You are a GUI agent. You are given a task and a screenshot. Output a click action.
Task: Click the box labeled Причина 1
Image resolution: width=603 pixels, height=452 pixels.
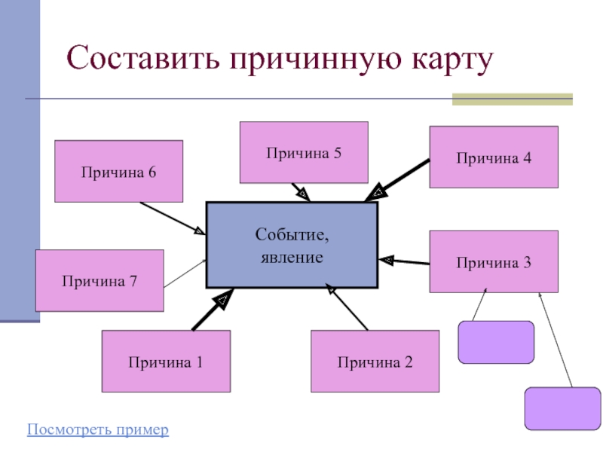coord(166,362)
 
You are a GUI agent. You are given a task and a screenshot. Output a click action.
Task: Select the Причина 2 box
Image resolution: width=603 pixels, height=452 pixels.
coord(375,362)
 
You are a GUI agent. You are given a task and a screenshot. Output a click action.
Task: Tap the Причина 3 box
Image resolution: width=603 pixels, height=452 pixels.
coord(494,262)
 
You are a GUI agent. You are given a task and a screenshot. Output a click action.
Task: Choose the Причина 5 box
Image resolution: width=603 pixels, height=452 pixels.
coord(304,153)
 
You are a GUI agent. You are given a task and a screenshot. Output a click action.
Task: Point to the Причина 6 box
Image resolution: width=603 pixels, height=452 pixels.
coord(119,171)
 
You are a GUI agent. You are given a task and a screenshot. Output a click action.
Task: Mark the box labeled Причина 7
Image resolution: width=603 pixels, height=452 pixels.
coord(99,280)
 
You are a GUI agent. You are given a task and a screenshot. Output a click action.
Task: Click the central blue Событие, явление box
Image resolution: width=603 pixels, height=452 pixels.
coord(292,245)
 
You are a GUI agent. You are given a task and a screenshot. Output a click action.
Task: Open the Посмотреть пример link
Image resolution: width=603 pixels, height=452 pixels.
coord(98,430)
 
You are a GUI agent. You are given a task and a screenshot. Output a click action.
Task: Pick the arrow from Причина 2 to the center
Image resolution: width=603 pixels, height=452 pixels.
coord(347,307)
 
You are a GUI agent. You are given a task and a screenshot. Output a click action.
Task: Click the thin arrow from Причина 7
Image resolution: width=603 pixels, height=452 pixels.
coord(185,273)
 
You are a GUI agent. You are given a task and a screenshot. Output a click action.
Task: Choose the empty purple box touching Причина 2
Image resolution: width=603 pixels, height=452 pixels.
coord(496,343)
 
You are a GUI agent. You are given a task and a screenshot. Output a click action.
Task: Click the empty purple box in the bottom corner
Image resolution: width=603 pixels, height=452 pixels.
coord(562,408)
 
